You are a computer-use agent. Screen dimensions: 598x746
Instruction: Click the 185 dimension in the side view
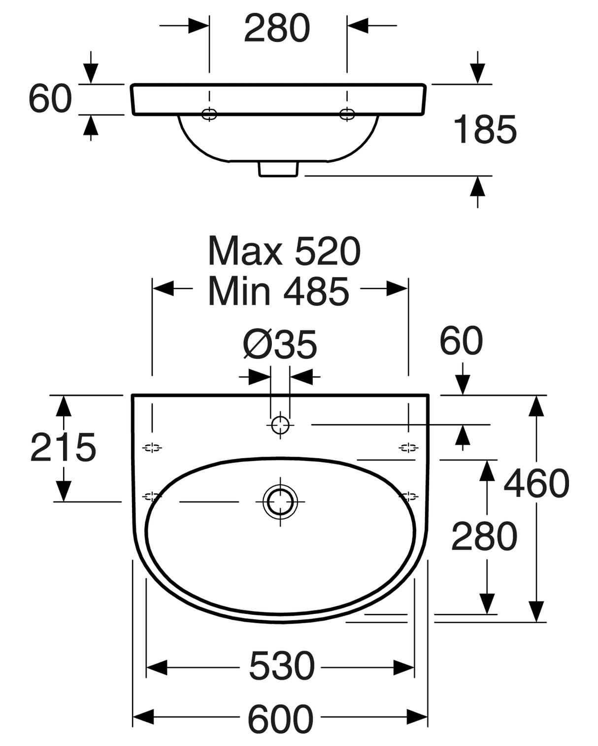(x=485, y=130)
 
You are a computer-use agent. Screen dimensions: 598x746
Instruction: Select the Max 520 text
(x=284, y=251)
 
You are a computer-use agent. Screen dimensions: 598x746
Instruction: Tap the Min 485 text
(x=278, y=291)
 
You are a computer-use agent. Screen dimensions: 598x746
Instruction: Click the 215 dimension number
(x=63, y=448)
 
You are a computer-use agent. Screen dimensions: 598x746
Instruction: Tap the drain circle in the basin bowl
(x=280, y=501)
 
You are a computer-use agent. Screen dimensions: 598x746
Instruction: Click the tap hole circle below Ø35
(x=280, y=425)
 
